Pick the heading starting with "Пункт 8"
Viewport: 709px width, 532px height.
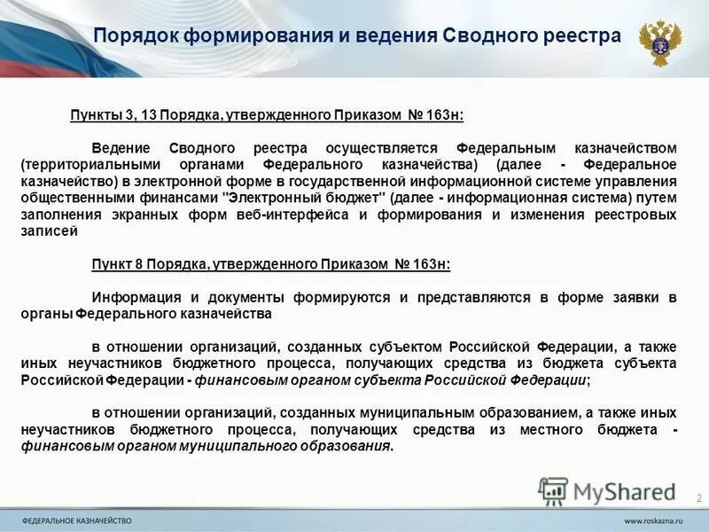pyautogui.click(x=270, y=263)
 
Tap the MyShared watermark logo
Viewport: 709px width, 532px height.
pyautogui.click(x=607, y=490)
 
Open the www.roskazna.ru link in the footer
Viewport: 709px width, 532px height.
pyautogui.click(x=654, y=519)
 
